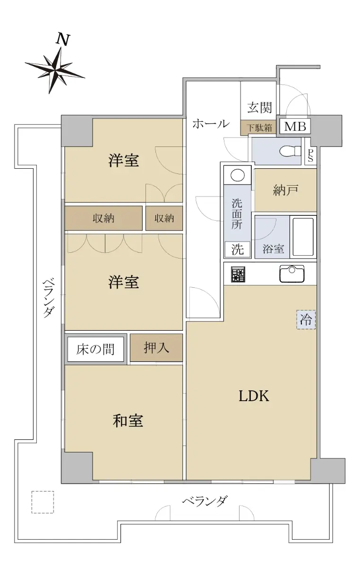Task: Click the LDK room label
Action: pyautogui.click(x=254, y=396)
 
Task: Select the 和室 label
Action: pyautogui.click(x=128, y=420)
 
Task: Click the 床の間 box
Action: pyautogui.click(x=95, y=349)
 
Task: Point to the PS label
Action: pyautogui.click(x=310, y=155)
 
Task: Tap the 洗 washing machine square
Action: pyautogui.click(x=237, y=249)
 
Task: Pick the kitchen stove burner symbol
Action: pyautogui.click(x=238, y=275)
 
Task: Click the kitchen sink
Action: pyautogui.click(x=292, y=273)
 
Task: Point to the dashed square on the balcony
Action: pyautogui.click(x=43, y=502)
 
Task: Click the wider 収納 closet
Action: pyautogui.click(x=103, y=218)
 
